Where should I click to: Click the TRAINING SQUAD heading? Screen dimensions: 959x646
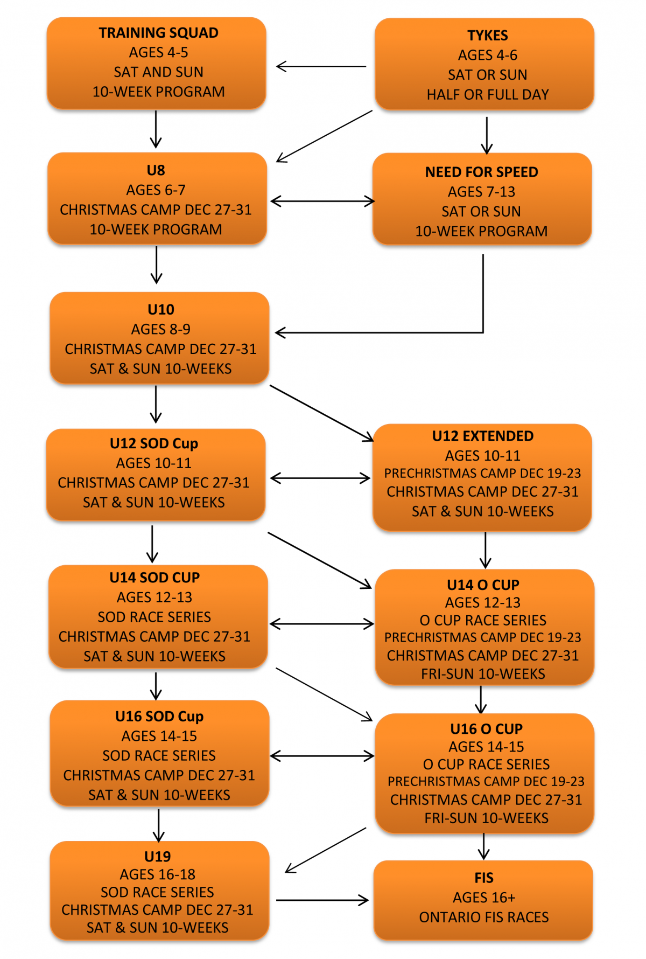click(158, 33)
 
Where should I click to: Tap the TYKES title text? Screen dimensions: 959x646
click(487, 36)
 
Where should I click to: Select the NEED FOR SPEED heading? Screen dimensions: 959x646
click(481, 172)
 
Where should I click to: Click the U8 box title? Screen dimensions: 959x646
click(156, 171)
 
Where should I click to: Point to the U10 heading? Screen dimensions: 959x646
click(160, 310)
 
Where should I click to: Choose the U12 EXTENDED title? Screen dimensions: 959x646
click(482, 436)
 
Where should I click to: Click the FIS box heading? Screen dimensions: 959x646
click(483, 878)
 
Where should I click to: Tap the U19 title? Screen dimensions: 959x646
click(157, 857)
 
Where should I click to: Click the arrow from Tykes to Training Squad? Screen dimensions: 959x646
click(321, 67)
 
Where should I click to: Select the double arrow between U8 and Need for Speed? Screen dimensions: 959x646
click(322, 201)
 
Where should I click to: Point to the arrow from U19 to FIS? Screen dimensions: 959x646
click(322, 900)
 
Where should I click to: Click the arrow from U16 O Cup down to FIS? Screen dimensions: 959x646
click(483, 846)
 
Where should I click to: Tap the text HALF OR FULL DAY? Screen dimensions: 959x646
click(487, 95)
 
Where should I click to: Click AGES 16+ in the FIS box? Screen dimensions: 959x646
click(483, 898)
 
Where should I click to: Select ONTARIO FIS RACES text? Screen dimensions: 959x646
click(483, 918)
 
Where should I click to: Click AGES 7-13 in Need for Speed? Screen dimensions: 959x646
click(481, 192)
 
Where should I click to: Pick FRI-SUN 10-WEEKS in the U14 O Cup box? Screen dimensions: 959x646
click(483, 674)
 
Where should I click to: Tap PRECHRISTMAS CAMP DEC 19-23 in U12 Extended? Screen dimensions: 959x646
click(482, 474)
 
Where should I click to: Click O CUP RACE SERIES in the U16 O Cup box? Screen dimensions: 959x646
click(486, 765)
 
